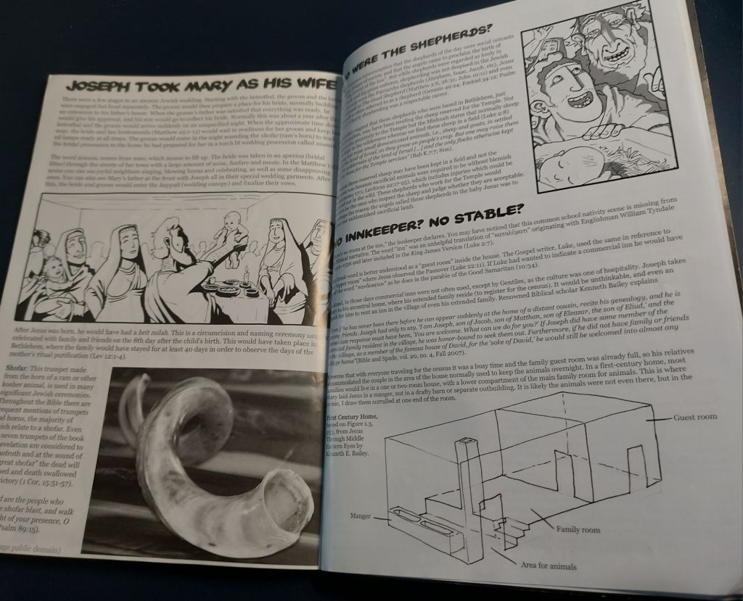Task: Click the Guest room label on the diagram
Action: coord(695,417)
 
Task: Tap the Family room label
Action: coord(578,530)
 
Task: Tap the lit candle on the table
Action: coord(246,276)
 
